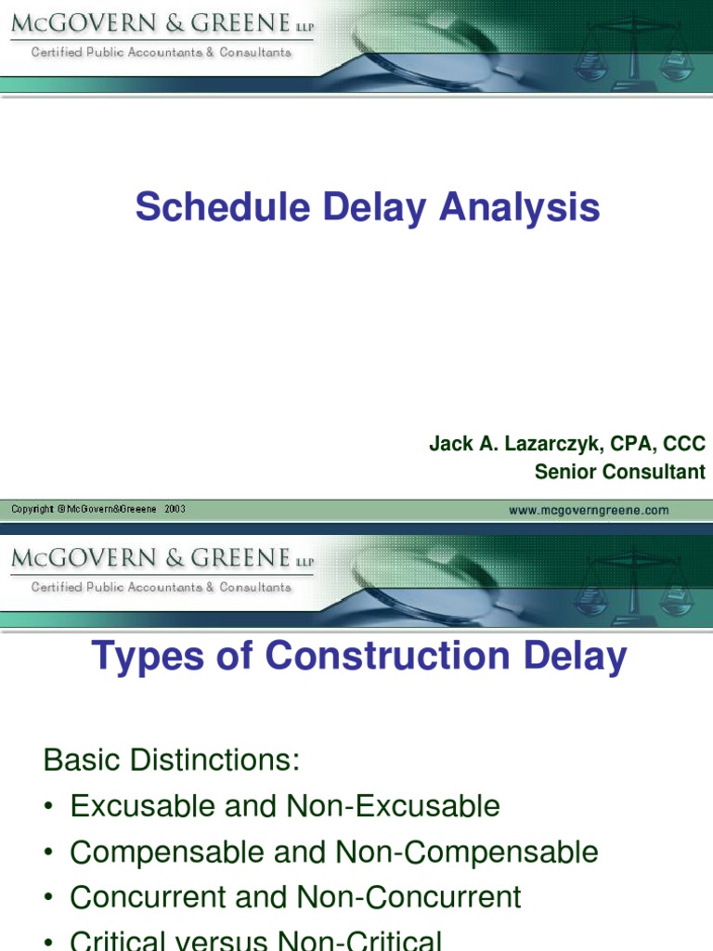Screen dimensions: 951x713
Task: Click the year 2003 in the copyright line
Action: [x=175, y=509]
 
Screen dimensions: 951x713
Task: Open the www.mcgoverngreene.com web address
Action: [x=589, y=510]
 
